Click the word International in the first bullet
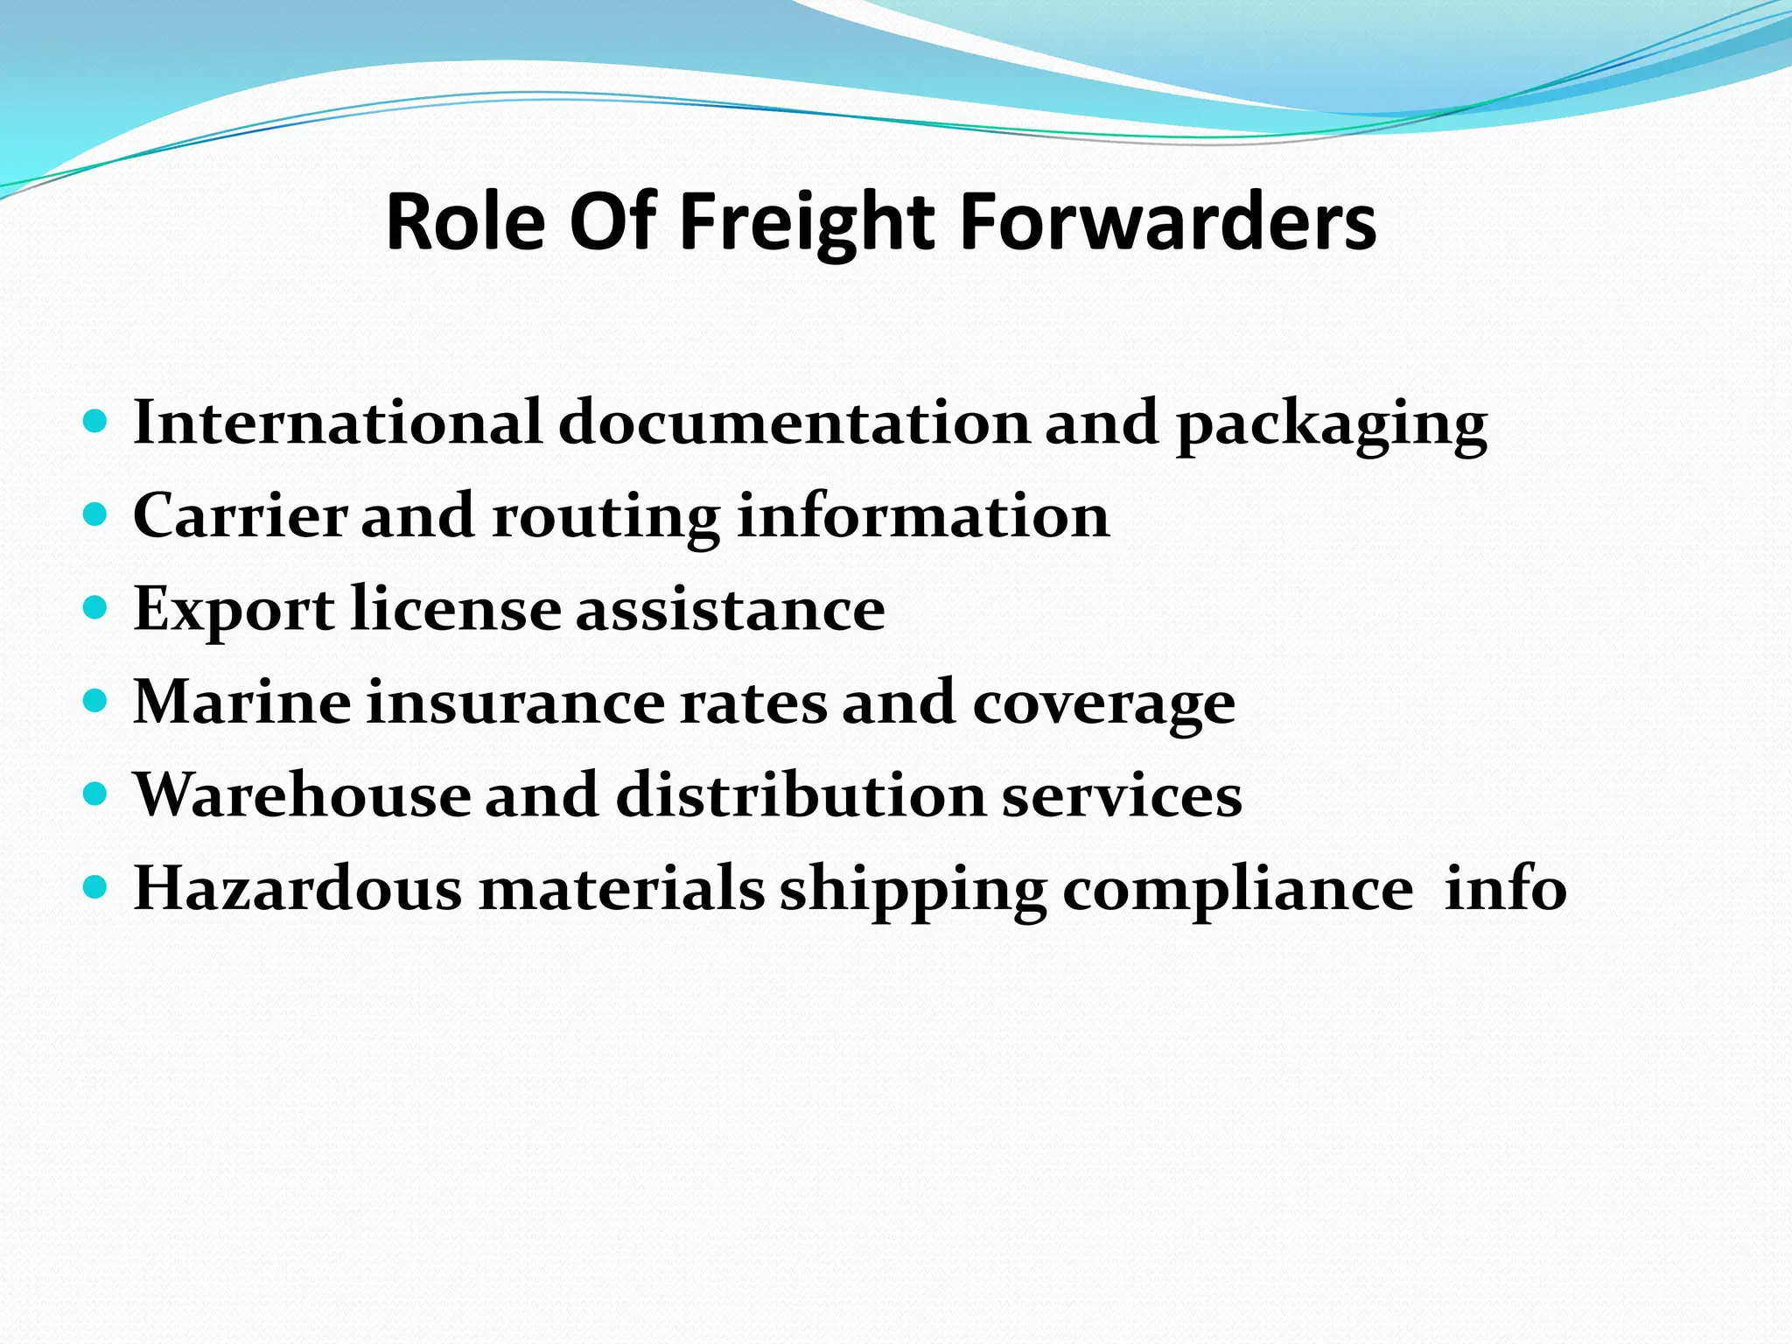pyautogui.click(x=338, y=423)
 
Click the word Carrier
pyautogui.click(x=240, y=515)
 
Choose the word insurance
pyautogui.click(x=515, y=702)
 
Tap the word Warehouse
pyautogui.click(x=302, y=795)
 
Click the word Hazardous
pyautogui.click(x=297, y=888)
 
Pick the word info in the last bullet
pyautogui.click(x=1505, y=888)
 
